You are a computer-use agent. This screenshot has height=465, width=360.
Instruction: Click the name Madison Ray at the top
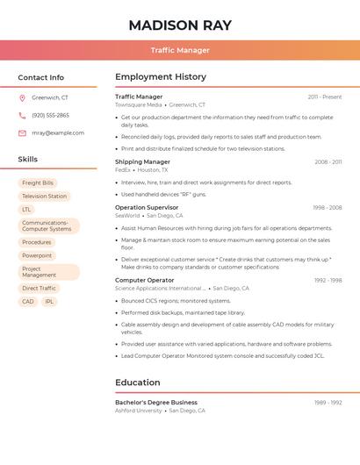pyautogui.click(x=180, y=25)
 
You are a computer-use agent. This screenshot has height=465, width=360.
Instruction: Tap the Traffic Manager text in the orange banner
pyautogui.click(x=180, y=50)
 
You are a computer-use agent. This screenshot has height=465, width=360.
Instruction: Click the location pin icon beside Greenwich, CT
pyautogui.click(x=22, y=98)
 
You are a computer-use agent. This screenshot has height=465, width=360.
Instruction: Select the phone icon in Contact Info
pyautogui.click(x=22, y=116)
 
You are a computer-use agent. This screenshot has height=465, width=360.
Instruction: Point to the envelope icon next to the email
pyautogui.click(x=22, y=133)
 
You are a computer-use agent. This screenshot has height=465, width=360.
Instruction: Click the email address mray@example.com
pyautogui.click(x=58, y=133)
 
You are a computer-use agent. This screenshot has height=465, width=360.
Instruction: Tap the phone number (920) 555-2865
pyautogui.click(x=50, y=116)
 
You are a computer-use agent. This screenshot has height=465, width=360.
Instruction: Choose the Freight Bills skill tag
pyautogui.click(x=38, y=183)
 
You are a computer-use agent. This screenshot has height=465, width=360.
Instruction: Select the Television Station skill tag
pyautogui.click(x=44, y=197)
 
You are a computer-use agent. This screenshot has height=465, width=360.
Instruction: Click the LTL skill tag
pyautogui.click(x=26, y=210)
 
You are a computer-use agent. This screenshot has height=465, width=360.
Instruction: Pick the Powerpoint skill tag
pyautogui.click(x=37, y=255)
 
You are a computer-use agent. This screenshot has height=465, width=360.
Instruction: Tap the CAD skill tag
pyautogui.click(x=28, y=301)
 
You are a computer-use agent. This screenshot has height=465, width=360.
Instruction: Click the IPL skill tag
pyautogui.click(x=49, y=301)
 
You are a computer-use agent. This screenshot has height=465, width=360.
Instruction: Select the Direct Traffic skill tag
pyautogui.click(x=39, y=288)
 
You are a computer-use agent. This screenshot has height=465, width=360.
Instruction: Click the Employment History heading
pyautogui.click(x=161, y=77)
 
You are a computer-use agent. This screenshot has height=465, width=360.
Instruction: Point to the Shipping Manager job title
pyautogui.click(x=142, y=161)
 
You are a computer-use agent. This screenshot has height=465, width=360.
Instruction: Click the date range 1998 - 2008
pyautogui.click(x=327, y=208)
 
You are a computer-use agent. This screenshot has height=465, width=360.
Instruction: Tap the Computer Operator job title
pyautogui.click(x=144, y=280)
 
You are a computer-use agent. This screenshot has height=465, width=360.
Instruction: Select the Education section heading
pyautogui.click(x=137, y=383)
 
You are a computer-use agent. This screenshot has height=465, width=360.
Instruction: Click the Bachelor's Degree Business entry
pyautogui.click(x=156, y=402)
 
